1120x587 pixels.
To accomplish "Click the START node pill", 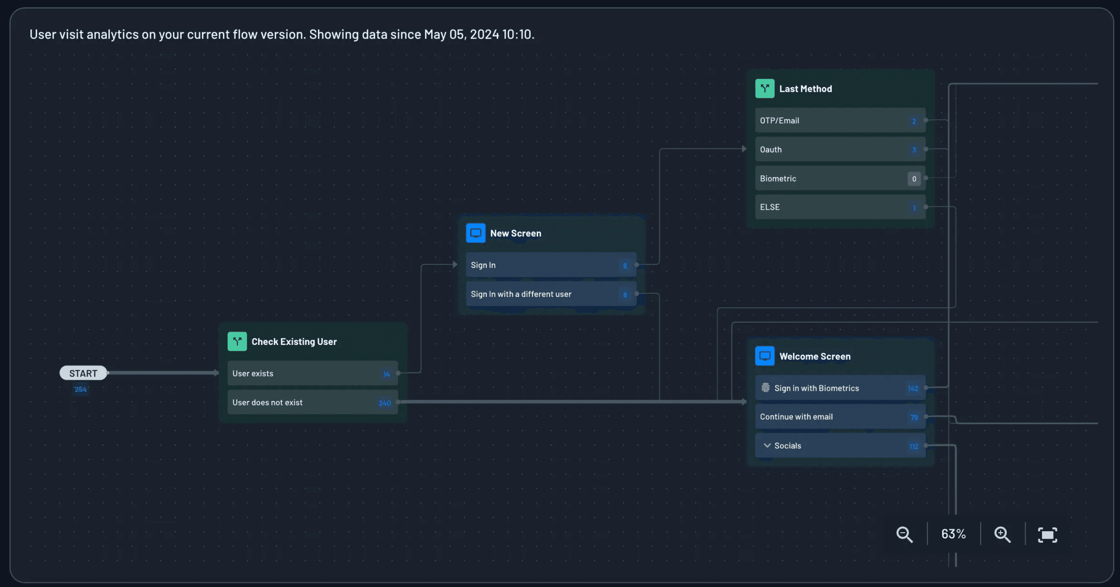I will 83,373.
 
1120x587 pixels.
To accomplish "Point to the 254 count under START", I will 81,390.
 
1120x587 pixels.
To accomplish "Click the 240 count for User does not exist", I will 385,403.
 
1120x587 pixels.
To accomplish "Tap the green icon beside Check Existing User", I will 237,341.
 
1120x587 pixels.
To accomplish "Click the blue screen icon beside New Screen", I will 475,233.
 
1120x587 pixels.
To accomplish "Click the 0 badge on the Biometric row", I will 914,179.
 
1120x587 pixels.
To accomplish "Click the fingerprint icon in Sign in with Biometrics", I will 766,388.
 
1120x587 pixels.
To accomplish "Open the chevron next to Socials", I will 767,446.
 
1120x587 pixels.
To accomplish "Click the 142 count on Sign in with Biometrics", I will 913,389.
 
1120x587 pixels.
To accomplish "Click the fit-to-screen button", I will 1047,535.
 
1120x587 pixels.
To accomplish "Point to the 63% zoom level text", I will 953,534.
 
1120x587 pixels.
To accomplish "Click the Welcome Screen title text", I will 815,356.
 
